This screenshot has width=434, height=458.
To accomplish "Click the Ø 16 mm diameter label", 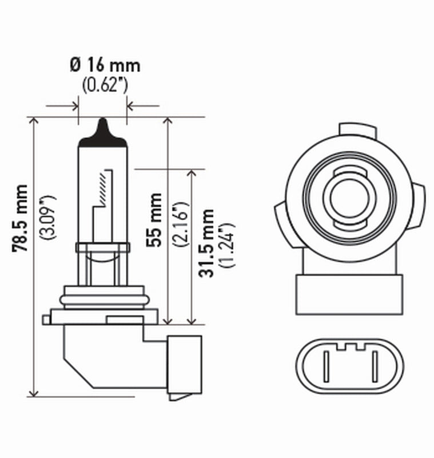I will (105, 66).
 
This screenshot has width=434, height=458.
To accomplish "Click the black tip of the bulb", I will (103, 131).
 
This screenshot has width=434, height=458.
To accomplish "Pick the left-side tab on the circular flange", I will (280, 218).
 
